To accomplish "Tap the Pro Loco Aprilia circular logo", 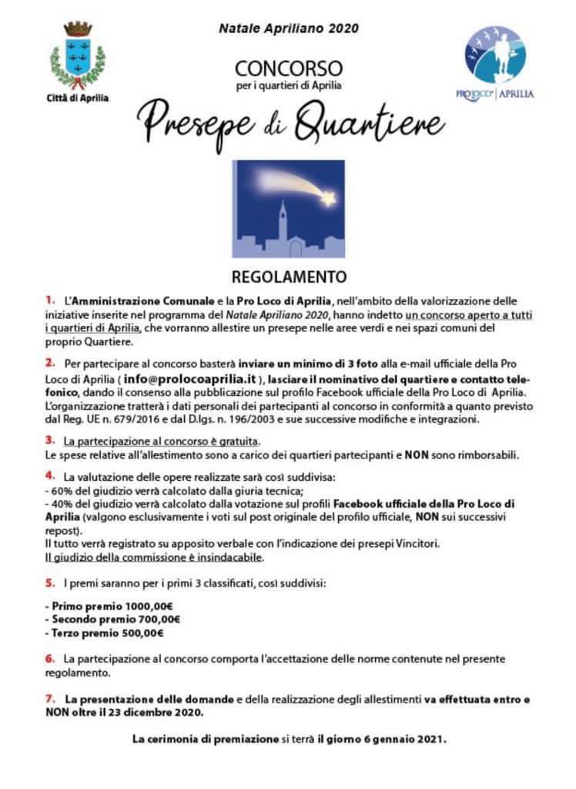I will [x=494, y=55].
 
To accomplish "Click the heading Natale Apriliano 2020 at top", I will [x=289, y=29].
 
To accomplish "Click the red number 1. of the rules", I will [x=50, y=298].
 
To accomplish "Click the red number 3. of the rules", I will [x=50, y=441].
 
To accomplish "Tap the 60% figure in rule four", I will [x=61, y=490].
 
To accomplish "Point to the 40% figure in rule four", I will [x=61, y=504].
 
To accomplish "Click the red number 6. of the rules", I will [x=50, y=659].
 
